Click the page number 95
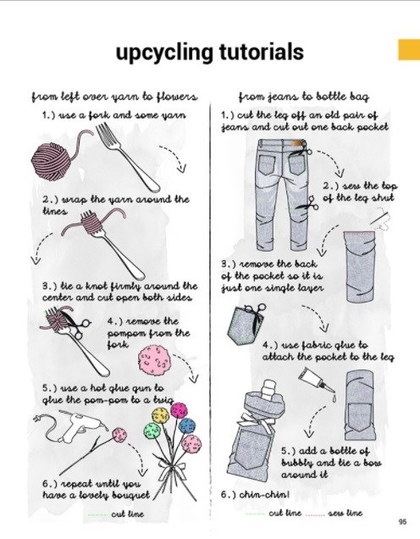tap(402, 521)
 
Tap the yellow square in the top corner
tap(409, 50)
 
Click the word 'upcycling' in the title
tap(164, 53)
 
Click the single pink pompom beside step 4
tap(154, 360)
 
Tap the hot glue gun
tap(80, 426)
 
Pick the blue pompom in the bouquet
tap(187, 425)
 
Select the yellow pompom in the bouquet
tap(160, 415)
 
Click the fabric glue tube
tap(315, 380)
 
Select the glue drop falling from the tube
tap(334, 398)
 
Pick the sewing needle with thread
tap(380, 219)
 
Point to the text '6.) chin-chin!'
tap(255, 495)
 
